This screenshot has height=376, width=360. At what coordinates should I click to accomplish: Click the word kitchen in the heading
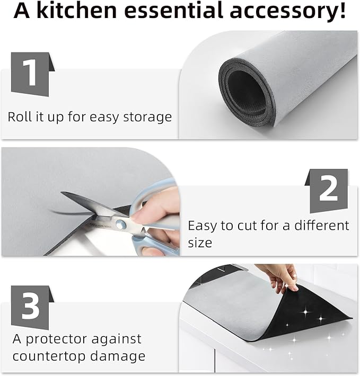(x=77, y=11)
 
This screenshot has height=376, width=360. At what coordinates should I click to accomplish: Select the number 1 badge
(x=33, y=74)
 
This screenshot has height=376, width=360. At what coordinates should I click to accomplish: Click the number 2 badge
(x=327, y=191)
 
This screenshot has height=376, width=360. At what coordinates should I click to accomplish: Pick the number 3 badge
(x=33, y=307)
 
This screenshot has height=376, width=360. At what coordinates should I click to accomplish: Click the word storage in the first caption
(x=147, y=117)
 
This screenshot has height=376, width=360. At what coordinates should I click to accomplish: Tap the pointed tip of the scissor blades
(x=62, y=192)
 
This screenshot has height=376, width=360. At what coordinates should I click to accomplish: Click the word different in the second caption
(x=322, y=226)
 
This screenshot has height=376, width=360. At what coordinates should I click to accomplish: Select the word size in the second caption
(x=200, y=243)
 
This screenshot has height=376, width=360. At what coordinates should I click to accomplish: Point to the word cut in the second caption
(x=247, y=226)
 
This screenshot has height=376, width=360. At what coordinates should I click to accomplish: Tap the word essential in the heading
(x=173, y=11)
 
